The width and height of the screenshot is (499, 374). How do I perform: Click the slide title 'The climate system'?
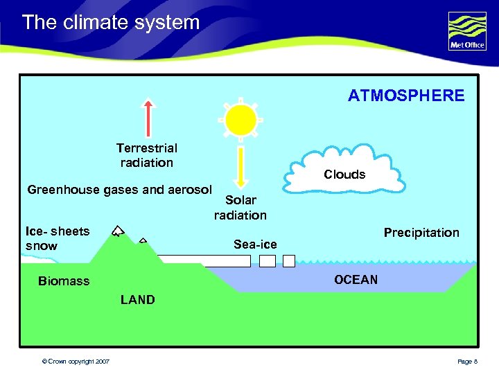tap(111, 22)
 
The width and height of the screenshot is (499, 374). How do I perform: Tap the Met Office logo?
tap(467, 31)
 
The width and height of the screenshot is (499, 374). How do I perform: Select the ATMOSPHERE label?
tap(406, 96)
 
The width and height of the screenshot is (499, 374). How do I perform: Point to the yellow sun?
tap(240, 119)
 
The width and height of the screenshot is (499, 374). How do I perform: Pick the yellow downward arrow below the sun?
tap(240, 166)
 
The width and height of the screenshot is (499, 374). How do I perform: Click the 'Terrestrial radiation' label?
tap(146, 155)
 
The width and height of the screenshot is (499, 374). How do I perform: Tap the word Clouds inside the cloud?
tap(344, 175)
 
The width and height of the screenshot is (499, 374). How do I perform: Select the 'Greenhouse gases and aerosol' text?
tap(119, 190)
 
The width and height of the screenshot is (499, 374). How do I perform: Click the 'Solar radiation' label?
tap(240, 208)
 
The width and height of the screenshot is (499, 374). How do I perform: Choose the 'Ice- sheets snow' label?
tap(57, 238)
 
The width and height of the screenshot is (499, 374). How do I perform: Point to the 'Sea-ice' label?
tap(255, 244)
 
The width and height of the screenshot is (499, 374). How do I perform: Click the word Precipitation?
tap(421, 233)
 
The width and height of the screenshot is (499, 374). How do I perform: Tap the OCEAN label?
tap(356, 280)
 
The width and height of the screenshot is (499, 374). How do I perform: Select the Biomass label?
tap(64, 281)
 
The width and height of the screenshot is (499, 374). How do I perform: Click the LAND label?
tap(137, 300)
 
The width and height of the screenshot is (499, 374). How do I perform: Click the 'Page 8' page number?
tap(467, 362)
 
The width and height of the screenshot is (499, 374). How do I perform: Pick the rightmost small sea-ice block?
tap(289, 260)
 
